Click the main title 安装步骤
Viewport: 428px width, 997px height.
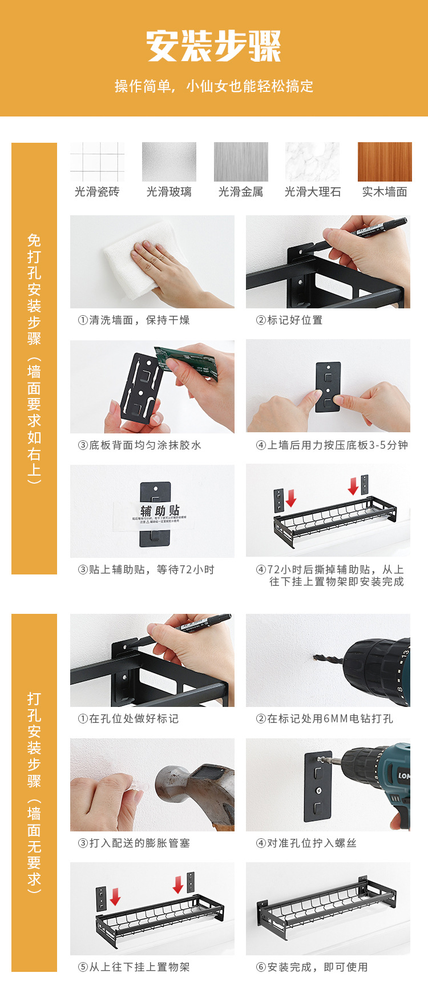click(214, 46)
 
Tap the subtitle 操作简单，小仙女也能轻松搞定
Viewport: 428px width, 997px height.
click(214, 86)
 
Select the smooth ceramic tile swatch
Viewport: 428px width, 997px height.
click(97, 162)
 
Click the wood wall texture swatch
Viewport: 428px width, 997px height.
click(384, 162)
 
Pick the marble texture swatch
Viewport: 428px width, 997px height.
click(312, 162)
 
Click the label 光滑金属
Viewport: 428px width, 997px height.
click(241, 192)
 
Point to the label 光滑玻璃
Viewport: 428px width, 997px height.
click(169, 192)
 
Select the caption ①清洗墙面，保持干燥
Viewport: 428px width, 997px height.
click(134, 320)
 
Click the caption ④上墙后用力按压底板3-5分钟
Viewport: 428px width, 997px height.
click(332, 445)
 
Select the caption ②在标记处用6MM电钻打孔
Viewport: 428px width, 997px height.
click(324, 718)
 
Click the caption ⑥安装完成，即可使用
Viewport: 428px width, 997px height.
click(312, 967)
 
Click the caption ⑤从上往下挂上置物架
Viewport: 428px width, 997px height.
click(134, 967)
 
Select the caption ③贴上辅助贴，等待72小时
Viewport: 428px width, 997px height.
click(146, 569)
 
